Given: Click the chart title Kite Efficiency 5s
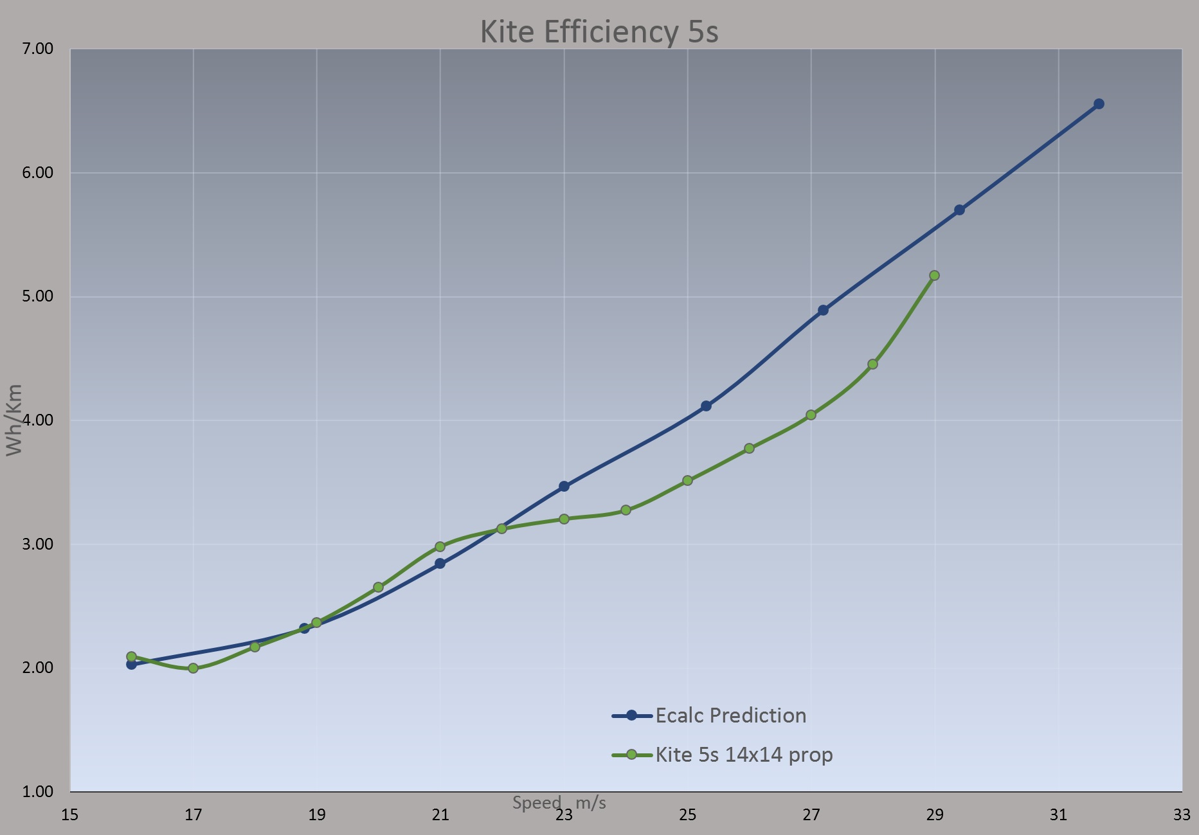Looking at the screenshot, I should (599, 31).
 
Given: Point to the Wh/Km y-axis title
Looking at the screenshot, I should (14, 420).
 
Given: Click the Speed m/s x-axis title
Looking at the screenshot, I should (559, 803).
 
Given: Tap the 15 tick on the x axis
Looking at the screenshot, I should (69, 815).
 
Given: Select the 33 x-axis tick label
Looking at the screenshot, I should (1182, 815).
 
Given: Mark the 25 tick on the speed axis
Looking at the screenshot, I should (687, 815).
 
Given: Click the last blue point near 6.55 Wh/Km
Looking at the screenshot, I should (1099, 104).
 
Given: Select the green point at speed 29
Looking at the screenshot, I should (934, 275).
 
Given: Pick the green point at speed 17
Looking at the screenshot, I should (193, 668).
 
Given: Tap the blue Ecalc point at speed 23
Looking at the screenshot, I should (564, 487).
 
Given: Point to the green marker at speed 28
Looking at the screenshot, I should (872, 364).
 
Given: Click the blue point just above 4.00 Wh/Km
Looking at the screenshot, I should (706, 406).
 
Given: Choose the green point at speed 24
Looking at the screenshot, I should (626, 510).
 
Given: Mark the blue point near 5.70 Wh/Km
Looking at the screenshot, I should (959, 210).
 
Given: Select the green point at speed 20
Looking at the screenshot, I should (378, 587).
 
